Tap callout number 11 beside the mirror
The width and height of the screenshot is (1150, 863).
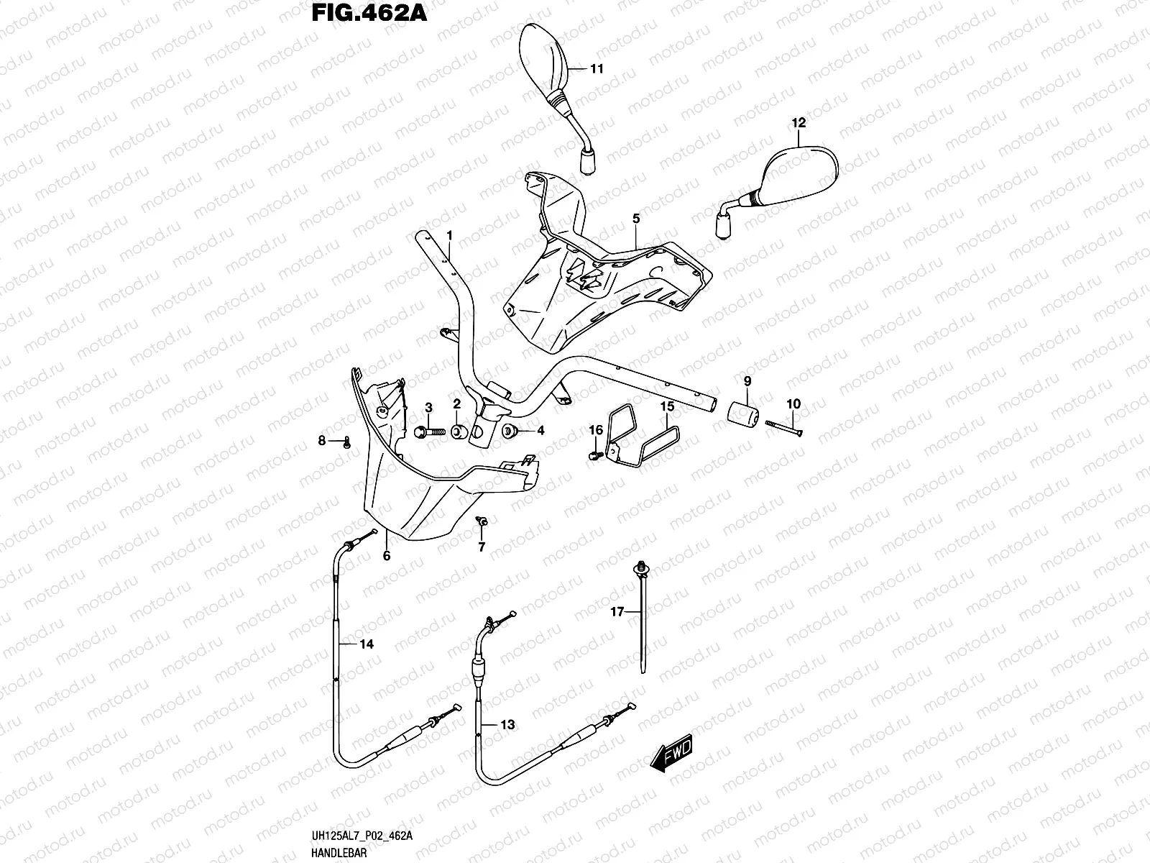click(x=597, y=69)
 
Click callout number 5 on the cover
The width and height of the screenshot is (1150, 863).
click(x=636, y=217)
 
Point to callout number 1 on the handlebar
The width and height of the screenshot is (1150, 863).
click(x=449, y=235)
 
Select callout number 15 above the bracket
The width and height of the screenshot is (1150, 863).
click(x=667, y=406)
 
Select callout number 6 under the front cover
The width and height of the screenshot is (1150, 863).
click(x=387, y=556)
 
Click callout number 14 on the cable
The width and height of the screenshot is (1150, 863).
click(x=367, y=644)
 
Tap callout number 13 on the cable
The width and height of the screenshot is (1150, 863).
click(x=507, y=725)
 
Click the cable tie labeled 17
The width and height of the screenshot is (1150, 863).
click(x=640, y=618)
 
